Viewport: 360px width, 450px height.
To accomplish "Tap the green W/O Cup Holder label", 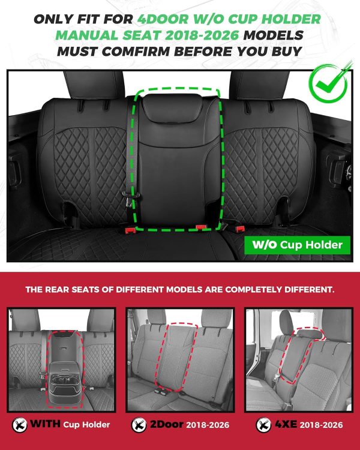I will pos(296,245).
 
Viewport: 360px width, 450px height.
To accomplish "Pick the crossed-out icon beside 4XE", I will pos(262,425).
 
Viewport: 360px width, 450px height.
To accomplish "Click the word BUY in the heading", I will pos(282,51).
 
